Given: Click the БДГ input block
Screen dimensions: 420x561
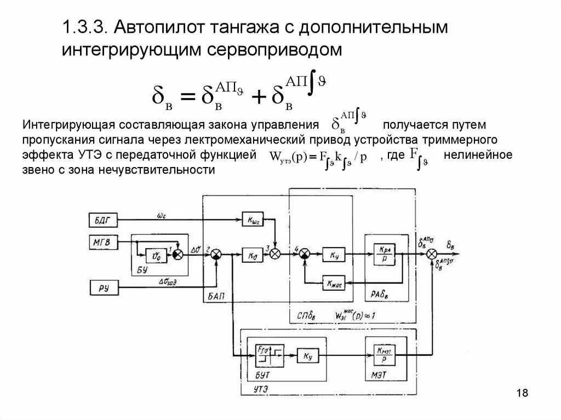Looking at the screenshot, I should click(x=101, y=220).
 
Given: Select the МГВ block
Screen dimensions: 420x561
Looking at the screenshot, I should click(x=101, y=240).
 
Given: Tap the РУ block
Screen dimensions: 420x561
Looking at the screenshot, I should click(x=101, y=286).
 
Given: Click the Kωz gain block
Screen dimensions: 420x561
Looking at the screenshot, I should click(x=253, y=220).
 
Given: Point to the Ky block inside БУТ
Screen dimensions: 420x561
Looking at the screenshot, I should click(x=305, y=355).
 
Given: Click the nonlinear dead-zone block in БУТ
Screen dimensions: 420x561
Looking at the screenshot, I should click(x=267, y=355).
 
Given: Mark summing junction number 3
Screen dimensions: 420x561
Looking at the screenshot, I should click(x=277, y=254).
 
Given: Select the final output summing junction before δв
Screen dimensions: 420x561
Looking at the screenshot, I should click(x=432, y=254).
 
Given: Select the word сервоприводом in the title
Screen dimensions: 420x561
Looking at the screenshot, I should click(x=276, y=50).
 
